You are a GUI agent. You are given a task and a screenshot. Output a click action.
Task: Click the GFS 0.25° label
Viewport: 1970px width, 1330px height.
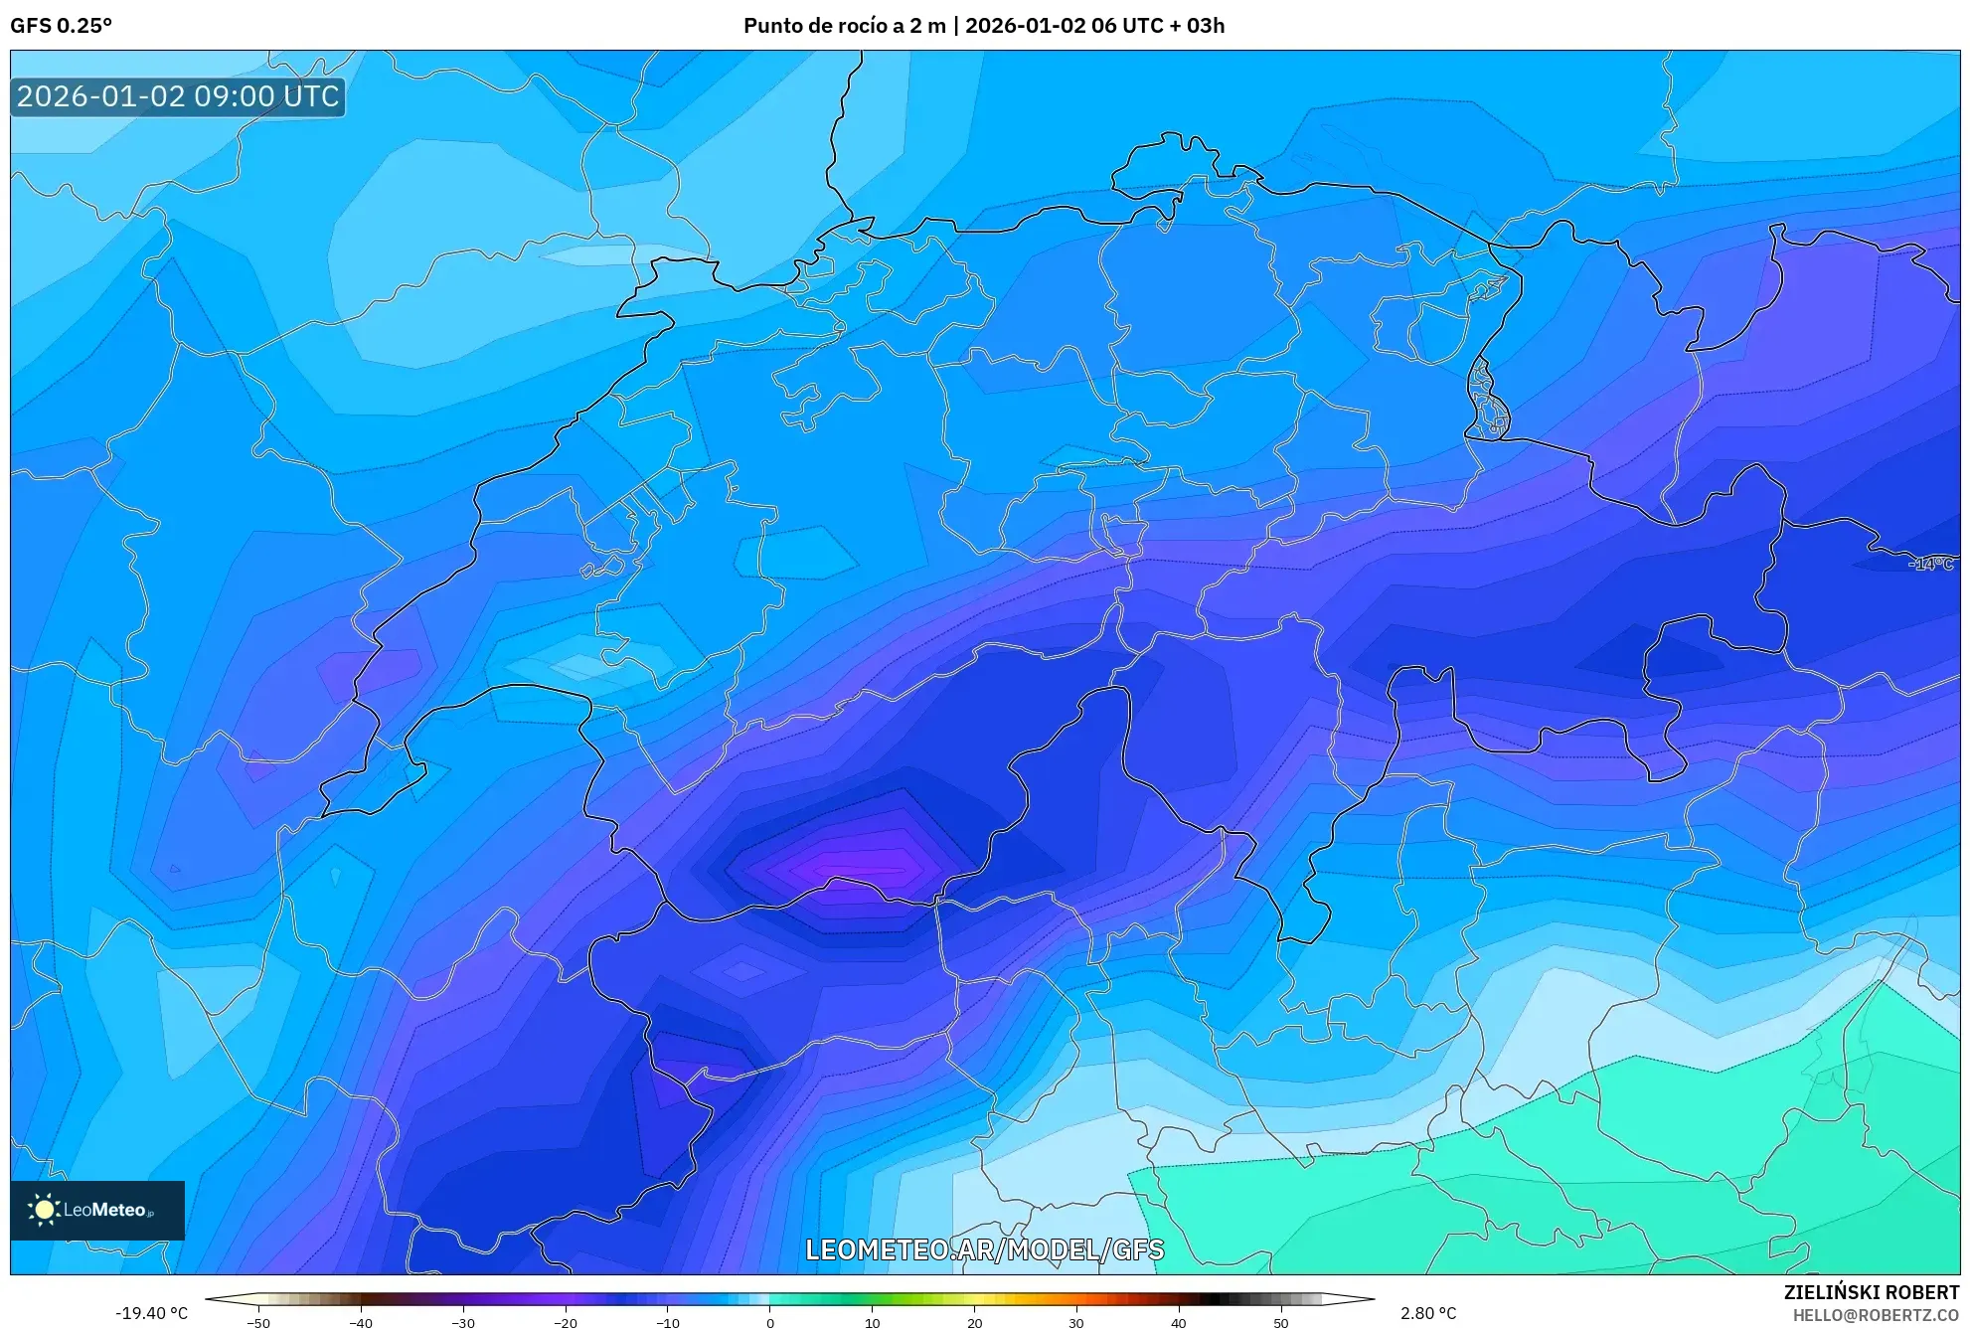[x=61, y=26]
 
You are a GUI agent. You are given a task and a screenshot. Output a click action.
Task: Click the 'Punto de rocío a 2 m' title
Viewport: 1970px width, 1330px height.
[x=844, y=26]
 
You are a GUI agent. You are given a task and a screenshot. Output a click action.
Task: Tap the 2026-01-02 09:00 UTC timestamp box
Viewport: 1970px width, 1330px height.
[x=178, y=97]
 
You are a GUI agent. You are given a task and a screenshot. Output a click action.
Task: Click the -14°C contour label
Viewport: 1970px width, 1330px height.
[x=1931, y=565]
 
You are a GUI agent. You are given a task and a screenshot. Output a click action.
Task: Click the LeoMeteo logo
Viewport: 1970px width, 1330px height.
[x=97, y=1210]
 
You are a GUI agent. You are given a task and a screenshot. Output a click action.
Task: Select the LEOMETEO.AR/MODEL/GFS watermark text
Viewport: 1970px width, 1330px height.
[x=984, y=1249]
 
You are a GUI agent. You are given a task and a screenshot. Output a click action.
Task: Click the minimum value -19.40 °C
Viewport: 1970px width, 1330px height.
[x=151, y=1313]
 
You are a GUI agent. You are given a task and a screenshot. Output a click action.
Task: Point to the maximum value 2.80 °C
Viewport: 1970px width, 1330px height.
[x=1428, y=1313]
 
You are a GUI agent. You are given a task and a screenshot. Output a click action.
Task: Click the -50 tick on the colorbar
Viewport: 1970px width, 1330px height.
[x=258, y=1323]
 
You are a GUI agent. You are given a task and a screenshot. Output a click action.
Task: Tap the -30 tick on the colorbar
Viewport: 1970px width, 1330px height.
[x=463, y=1323]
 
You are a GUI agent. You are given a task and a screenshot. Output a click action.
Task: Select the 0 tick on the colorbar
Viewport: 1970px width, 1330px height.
[x=770, y=1323]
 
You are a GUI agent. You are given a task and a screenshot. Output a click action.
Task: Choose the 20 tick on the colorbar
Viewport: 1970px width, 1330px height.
[x=974, y=1323]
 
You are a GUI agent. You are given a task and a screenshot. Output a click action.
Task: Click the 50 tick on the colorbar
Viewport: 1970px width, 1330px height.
[x=1280, y=1323]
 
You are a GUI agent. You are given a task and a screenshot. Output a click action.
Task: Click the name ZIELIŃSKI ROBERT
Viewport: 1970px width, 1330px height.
[x=1871, y=1292]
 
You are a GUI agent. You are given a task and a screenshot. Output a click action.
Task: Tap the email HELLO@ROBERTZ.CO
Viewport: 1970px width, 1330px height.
[x=1875, y=1315]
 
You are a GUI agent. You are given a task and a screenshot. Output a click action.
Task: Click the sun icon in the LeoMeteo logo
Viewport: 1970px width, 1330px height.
[x=44, y=1210]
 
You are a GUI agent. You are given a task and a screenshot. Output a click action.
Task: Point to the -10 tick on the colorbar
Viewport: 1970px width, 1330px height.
[x=668, y=1323]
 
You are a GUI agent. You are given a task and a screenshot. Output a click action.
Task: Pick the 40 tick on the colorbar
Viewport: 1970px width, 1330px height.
[x=1178, y=1323]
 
